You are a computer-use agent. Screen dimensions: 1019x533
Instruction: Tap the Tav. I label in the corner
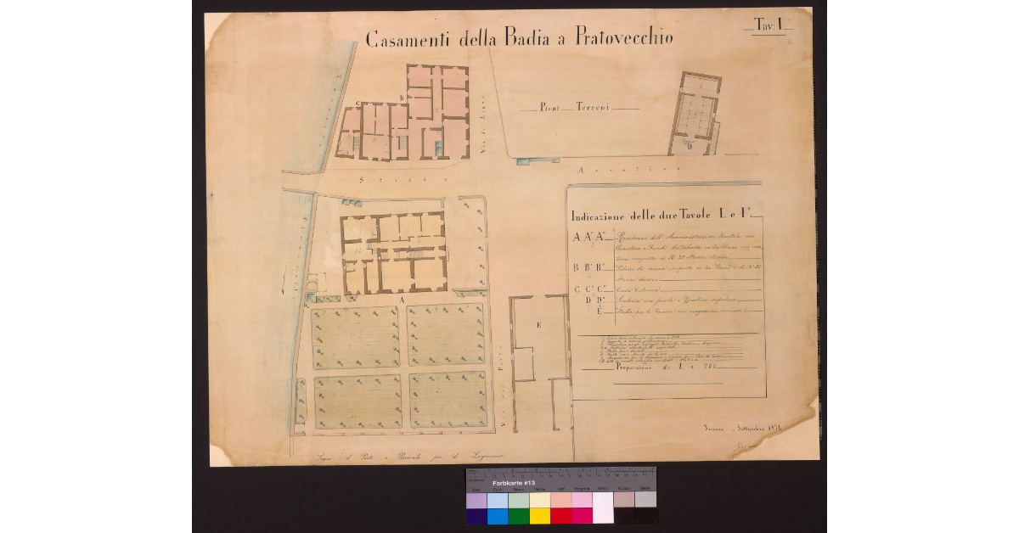(770, 26)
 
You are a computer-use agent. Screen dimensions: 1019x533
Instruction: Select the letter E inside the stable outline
(538, 325)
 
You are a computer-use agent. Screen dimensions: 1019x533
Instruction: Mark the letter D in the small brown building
(690, 146)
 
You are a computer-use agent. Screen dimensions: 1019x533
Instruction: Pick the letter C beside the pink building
(357, 104)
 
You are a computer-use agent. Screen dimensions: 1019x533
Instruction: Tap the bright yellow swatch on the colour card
(539, 515)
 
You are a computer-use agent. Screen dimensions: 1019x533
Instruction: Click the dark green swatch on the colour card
(517, 515)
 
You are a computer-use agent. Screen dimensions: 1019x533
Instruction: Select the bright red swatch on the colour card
(560, 515)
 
